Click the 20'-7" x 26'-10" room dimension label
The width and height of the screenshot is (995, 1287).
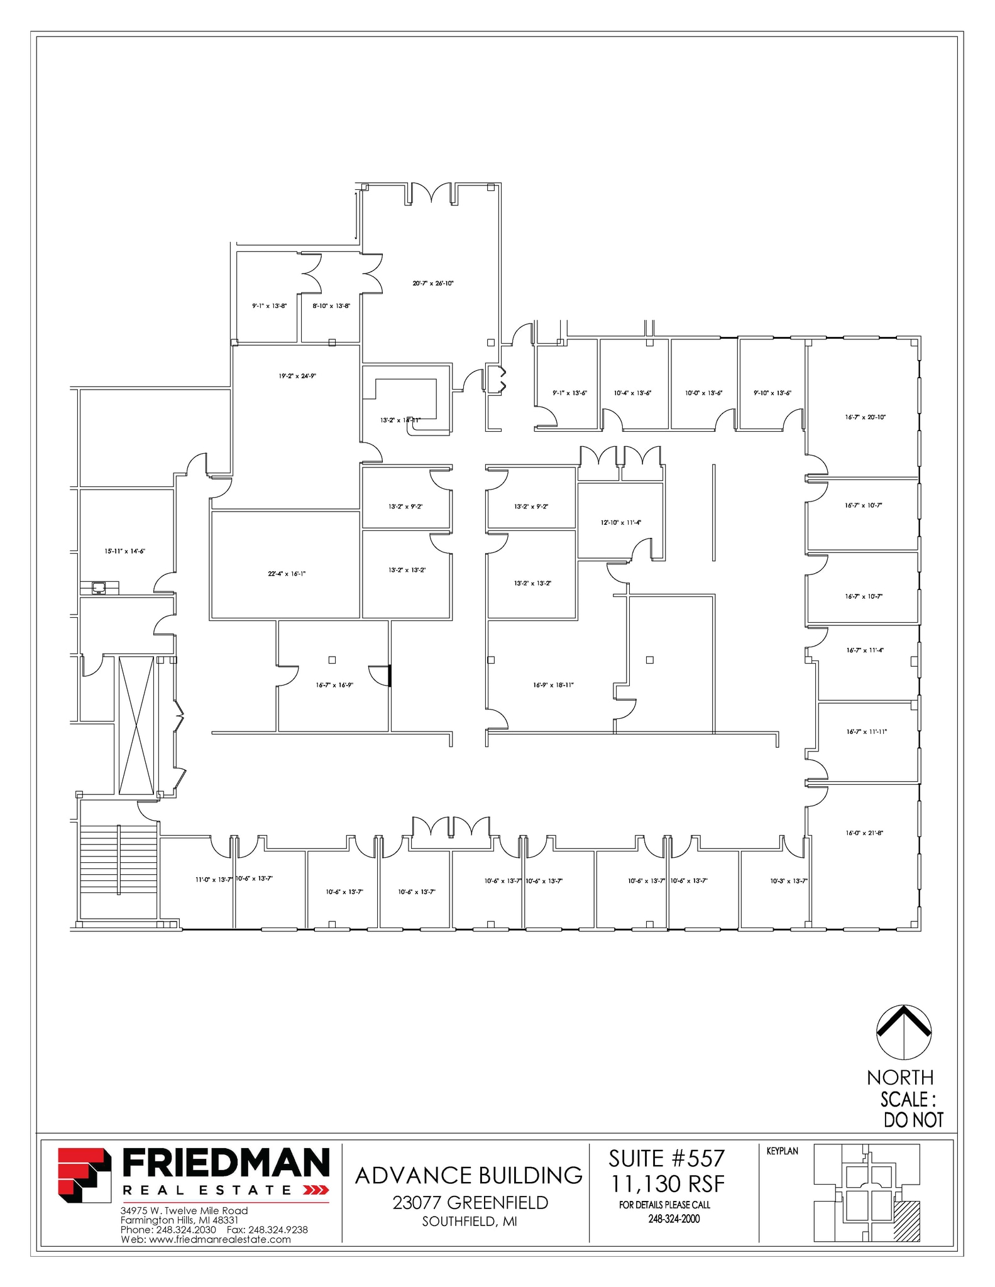pos(432,283)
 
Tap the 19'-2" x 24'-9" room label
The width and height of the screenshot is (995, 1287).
pos(297,376)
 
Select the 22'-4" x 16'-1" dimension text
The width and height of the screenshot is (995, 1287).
pos(287,574)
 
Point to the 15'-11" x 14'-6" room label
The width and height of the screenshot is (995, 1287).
pos(125,551)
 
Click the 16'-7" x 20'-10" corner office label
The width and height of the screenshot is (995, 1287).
pos(865,417)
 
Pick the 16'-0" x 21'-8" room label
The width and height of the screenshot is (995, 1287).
pos(864,833)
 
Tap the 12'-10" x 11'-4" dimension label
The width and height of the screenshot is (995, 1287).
pos(621,522)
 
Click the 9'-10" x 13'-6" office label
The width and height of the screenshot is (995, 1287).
pos(772,393)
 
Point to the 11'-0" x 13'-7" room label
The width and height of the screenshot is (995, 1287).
pos(214,879)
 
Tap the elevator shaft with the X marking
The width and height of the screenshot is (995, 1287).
pos(136,725)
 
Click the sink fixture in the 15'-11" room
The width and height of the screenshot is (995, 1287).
pos(99,588)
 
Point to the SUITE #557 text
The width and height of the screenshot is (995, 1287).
pos(667,1159)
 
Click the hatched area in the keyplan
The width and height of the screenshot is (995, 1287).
pos(907,1221)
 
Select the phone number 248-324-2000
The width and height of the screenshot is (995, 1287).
pos(674,1219)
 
